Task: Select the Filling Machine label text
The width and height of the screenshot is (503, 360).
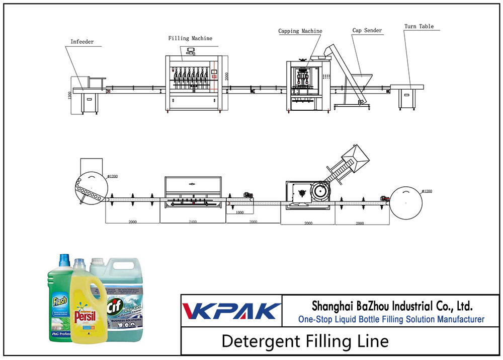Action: [190, 38]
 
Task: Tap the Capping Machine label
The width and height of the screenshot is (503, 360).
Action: [300, 31]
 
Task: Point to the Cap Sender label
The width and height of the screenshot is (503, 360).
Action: [367, 31]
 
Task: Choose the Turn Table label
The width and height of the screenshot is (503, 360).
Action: [419, 26]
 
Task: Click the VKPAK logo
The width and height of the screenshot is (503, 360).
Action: [231, 311]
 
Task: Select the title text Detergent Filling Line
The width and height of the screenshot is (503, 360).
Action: [305, 341]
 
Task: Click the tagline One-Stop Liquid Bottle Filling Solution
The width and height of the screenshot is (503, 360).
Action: [391, 319]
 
